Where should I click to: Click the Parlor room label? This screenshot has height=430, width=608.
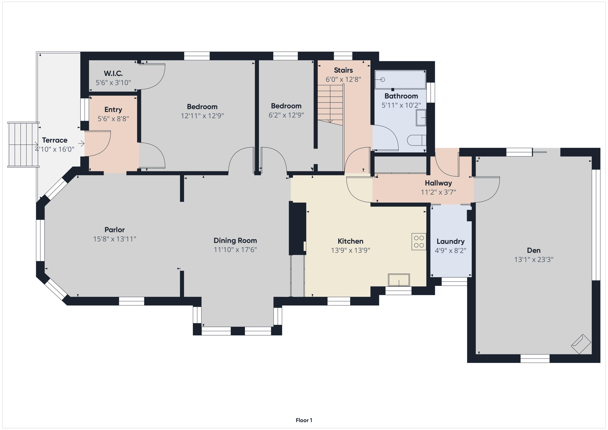tap(114, 230)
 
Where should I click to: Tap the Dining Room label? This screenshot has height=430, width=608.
tap(235, 241)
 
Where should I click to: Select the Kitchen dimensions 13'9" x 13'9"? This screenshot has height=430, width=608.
tap(350, 250)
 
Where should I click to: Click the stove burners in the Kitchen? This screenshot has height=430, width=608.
tap(419, 242)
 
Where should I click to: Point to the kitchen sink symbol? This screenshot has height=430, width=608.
tap(399, 280)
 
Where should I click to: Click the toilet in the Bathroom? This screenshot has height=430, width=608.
tap(416, 140)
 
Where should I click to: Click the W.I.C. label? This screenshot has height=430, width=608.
tap(113, 73)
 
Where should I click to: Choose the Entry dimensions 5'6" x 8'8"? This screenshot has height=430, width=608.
tap(113, 119)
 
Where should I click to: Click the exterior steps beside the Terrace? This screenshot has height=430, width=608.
tap(23, 145)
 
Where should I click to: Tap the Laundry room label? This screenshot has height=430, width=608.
tap(451, 241)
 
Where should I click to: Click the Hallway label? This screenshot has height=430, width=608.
tap(438, 183)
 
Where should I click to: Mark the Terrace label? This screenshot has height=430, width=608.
tap(55, 140)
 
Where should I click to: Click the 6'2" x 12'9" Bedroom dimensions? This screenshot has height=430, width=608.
tap(286, 115)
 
